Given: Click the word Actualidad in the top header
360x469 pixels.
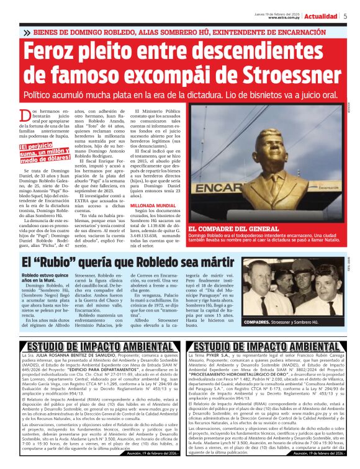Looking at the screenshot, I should pyautogui.click(x=321, y=16).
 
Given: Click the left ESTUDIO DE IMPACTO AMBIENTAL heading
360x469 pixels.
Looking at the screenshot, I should pyautogui.click(x=94, y=346).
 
